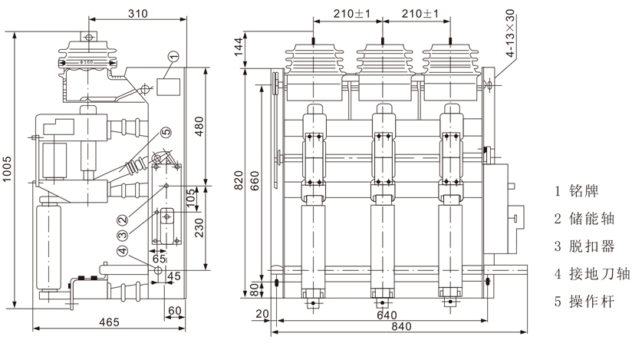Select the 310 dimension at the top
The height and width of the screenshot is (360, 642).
pyautogui.click(x=135, y=14)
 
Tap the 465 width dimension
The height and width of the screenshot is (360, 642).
pyautogui.click(x=108, y=322)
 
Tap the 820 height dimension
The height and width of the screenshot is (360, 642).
pyautogui.click(x=239, y=179)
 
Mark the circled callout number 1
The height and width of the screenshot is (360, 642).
pyautogui.click(x=173, y=55)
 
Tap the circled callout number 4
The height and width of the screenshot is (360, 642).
pyautogui.click(x=122, y=250)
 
